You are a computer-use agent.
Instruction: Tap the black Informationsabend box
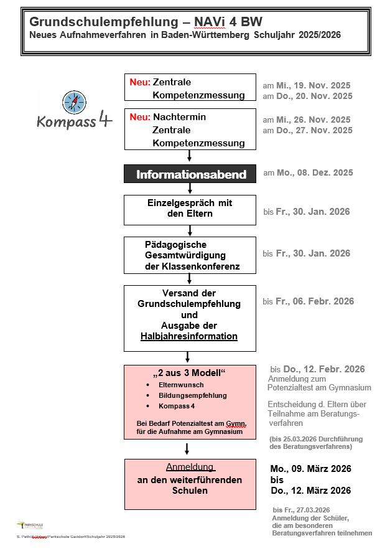click(190, 174)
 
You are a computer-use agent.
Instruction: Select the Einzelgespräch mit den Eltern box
click(190, 209)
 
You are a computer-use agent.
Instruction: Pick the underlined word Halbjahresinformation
click(189, 336)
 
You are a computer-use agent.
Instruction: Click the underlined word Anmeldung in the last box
click(190, 467)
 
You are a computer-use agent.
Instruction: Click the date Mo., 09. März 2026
click(310, 468)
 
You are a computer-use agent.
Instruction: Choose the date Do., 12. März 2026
click(310, 491)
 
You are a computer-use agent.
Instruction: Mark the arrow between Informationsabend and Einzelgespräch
click(190, 188)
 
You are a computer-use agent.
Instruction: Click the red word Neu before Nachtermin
click(140, 117)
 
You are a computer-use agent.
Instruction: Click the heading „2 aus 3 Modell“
click(189, 373)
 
